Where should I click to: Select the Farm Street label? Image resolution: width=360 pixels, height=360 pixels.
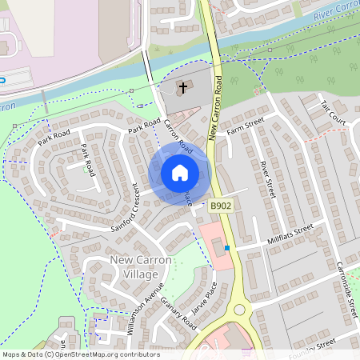[x=245, y=125]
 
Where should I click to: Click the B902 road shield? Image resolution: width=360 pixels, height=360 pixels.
[x=222, y=206]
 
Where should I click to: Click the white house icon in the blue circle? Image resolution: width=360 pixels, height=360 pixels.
[x=180, y=173]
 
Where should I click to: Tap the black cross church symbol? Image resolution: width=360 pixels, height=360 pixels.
[x=183, y=86]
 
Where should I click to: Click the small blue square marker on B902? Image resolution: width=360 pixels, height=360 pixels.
[x=227, y=248]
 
